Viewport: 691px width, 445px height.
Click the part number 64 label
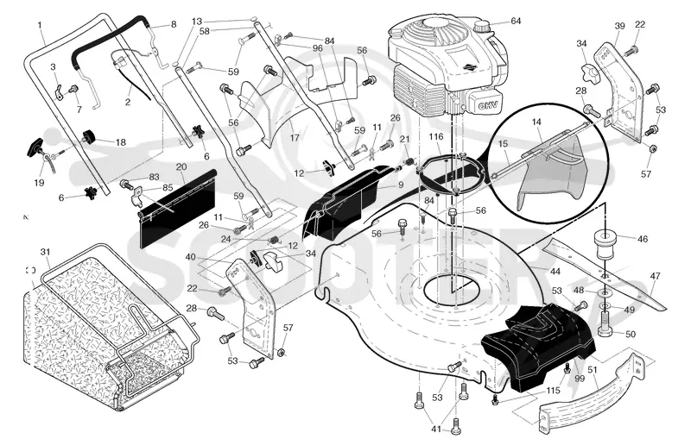point(516,21)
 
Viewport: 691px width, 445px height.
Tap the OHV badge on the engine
point(486,105)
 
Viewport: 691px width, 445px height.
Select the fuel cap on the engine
point(484,28)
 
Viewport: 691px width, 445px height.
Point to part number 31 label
point(46,252)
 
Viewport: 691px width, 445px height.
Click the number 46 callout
point(643,239)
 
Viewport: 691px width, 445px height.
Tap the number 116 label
point(436,137)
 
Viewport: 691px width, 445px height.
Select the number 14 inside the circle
point(536,122)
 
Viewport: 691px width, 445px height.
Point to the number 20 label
point(181,166)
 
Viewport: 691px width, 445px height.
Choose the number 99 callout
point(580,378)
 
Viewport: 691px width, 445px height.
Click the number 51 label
point(593,370)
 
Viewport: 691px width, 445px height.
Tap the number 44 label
point(555,272)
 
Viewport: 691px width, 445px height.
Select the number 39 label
point(619,26)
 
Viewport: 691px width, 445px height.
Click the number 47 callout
point(656,276)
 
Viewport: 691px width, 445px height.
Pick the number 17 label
point(295,138)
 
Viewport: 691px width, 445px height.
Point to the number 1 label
point(40,25)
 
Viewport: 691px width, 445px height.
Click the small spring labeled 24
point(275,240)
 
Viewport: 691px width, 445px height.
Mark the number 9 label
point(401,185)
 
